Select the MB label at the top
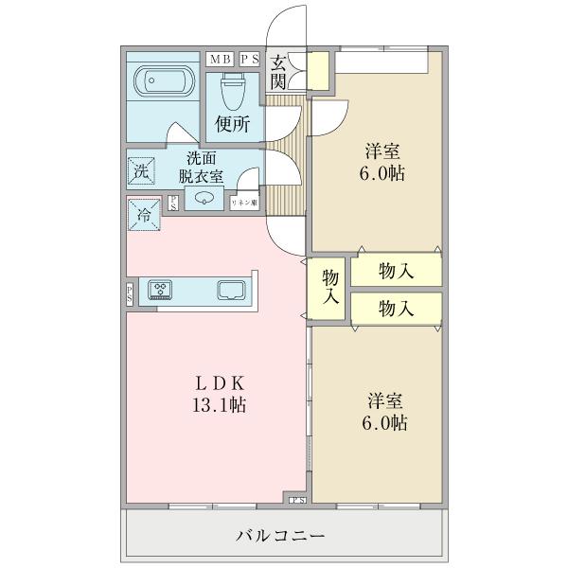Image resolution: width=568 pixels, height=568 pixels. point(220,59)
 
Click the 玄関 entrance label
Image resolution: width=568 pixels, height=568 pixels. point(278,72)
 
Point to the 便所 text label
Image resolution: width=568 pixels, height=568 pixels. point(232,123)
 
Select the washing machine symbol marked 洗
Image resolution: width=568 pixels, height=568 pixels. point(140,172)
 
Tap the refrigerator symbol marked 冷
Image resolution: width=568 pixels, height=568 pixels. point(143,214)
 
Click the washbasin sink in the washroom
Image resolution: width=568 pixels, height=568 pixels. point(205,198)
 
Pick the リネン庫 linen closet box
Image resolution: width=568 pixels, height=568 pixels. point(244,202)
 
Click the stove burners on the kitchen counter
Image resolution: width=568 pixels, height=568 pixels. point(161,290)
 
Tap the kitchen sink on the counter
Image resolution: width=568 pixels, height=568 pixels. point(232,290)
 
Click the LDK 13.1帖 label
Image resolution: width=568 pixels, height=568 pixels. point(221,395)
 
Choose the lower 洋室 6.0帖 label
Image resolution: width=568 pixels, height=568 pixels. point(384,413)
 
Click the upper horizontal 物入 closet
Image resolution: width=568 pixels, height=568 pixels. point(396,271)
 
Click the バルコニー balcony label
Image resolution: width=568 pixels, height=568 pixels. point(281,536)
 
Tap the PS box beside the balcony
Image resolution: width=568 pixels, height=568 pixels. point(297,499)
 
